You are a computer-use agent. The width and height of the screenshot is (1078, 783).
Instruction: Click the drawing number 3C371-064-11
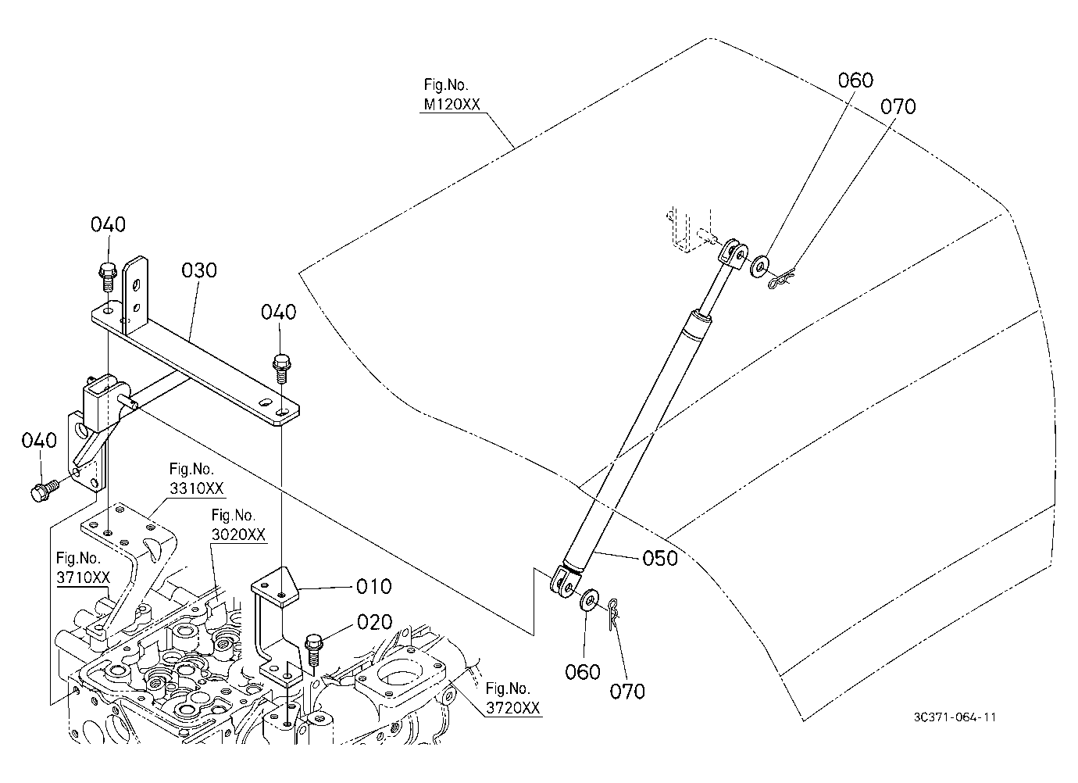coord(955,717)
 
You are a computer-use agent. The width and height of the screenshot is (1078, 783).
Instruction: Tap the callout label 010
coord(374,587)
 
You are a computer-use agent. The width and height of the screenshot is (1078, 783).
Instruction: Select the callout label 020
coord(374,623)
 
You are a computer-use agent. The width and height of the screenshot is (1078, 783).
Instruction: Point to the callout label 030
coord(198,270)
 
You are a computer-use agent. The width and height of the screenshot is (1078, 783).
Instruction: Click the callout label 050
coord(660,558)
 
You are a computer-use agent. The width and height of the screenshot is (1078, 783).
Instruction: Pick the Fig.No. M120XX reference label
coord(452,95)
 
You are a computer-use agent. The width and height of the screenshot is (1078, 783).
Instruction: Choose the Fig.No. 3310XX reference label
coord(196,479)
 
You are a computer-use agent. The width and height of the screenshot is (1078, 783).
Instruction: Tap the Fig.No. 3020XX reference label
coord(238,525)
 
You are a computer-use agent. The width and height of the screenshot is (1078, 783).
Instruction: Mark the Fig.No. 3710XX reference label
coord(83,568)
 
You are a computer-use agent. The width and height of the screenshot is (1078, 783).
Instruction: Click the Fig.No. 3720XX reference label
coord(512,699)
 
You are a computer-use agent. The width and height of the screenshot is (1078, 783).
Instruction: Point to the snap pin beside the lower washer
coord(613,614)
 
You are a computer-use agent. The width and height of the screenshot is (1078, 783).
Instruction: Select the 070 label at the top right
coord(898,106)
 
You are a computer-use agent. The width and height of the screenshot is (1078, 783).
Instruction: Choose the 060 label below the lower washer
coord(582,672)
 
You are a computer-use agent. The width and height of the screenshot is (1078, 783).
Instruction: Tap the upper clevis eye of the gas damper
coord(734,253)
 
